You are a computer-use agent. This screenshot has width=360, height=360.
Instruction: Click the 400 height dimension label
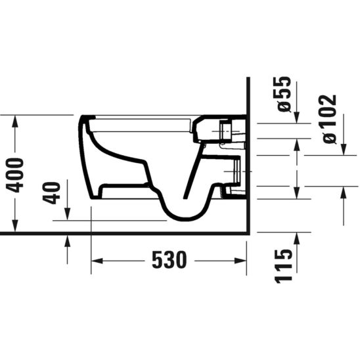(x=19, y=173)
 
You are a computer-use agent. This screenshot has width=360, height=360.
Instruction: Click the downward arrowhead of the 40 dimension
(x=68, y=217)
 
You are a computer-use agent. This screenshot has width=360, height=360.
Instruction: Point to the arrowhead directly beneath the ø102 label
(x=344, y=152)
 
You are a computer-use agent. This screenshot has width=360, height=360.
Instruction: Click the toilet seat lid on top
(x=145, y=119)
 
